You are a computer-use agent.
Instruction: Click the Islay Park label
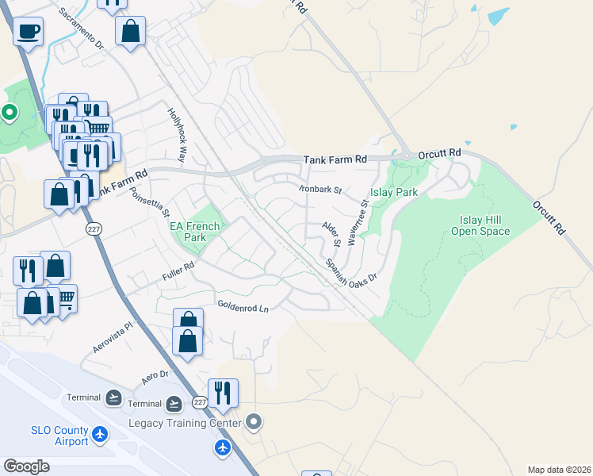(x=395, y=193)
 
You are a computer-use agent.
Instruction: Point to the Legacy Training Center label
(x=185, y=424)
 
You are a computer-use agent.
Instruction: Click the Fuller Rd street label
(x=178, y=271)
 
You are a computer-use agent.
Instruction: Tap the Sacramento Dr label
(x=82, y=29)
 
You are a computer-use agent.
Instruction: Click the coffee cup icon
(x=28, y=33)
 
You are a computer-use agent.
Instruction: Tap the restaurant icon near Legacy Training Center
(x=223, y=392)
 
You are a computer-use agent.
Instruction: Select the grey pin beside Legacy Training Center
(x=254, y=421)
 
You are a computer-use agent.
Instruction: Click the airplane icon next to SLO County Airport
(x=100, y=434)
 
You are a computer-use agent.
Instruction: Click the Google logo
(x=27, y=466)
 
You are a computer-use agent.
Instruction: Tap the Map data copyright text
(x=560, y=469)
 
